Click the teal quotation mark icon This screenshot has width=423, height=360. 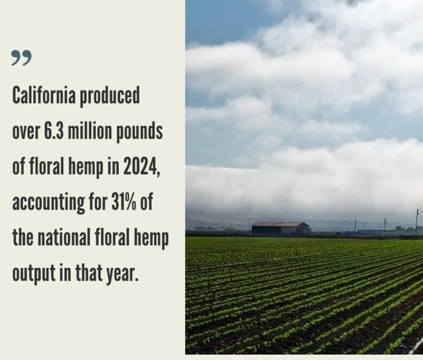point(21,58)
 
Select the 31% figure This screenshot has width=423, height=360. point(123,203)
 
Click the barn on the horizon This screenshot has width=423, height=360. point(281,228)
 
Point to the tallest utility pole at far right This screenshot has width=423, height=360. point(417,222)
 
